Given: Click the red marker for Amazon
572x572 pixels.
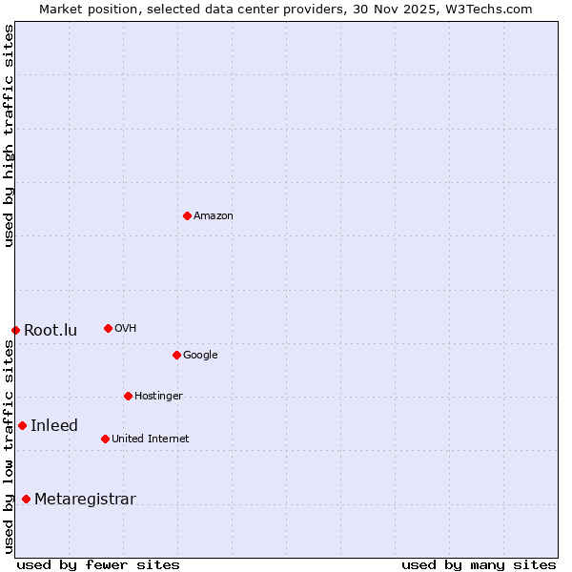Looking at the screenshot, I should point(187,215).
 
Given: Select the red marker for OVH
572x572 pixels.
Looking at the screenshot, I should point(108,328).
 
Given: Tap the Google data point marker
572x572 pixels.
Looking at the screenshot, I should point(176,355).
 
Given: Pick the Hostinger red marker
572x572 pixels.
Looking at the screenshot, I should point(128,396).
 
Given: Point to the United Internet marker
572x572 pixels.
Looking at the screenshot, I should point(105,439).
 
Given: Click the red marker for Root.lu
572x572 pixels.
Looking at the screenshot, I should point(15,330).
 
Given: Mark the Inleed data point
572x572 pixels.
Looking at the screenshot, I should point(22,425).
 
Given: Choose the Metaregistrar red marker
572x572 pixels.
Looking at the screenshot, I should point(26,499).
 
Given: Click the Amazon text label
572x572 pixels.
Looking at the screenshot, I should point(214,216).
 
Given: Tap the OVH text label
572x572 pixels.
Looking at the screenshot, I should point(126,329).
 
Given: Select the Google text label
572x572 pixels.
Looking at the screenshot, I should point(200,356).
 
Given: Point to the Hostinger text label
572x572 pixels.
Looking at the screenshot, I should point(158,397).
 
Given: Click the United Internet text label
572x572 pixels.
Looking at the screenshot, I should point(151,439).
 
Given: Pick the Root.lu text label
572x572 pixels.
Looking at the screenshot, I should point(51,331).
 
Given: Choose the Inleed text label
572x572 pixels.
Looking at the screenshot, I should point(54,426).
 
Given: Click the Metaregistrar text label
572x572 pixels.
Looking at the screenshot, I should point(85,500).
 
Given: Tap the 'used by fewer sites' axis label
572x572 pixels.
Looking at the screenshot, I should point(98,564).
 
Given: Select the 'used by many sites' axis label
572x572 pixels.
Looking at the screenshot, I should point(479,564).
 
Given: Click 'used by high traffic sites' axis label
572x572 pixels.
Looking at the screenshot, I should point(9,135).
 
